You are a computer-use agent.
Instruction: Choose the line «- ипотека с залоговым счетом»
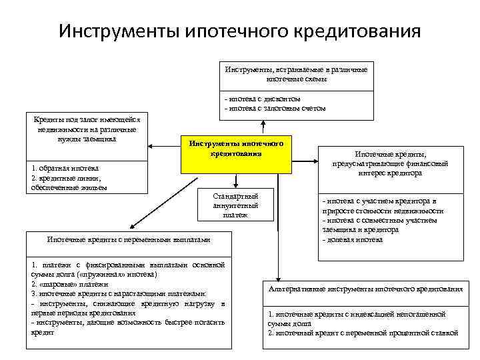[275, 107]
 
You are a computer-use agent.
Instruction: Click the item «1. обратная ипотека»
[65, 169]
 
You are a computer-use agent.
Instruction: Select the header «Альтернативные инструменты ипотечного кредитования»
[365, 289]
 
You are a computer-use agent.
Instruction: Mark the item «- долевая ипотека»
[352, 239]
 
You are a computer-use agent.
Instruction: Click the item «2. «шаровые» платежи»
[69, 284]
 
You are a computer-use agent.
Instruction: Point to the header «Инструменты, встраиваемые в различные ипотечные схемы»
[295, 73]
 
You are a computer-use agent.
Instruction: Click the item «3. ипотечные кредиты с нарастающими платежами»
[119, 293]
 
